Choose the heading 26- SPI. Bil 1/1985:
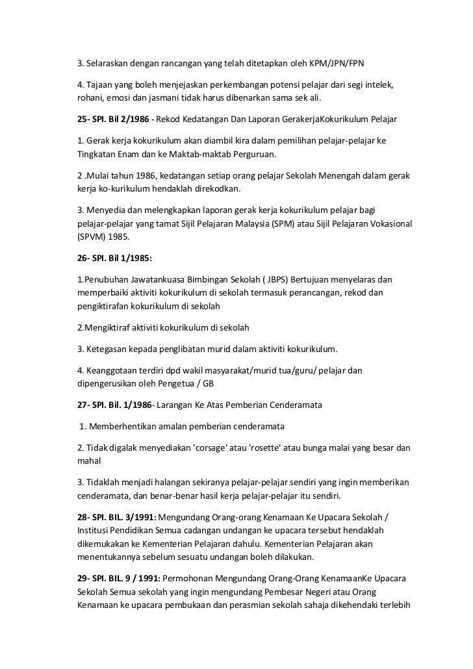(x=114, y=258)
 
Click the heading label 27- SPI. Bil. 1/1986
(x=115, y=405)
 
